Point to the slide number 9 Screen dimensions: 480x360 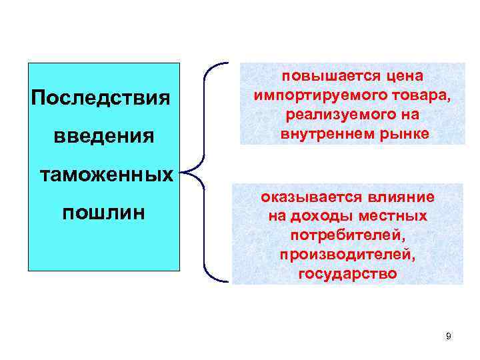coord(448,336)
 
